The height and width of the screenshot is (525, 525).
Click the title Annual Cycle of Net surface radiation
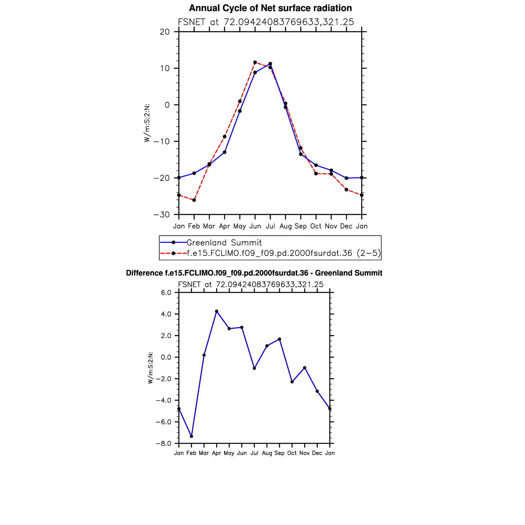(270, 8)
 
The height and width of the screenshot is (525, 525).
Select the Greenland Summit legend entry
(224, 242)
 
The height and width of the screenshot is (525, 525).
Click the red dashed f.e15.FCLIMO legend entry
(283, 253)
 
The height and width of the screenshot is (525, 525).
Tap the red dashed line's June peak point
(255, 62)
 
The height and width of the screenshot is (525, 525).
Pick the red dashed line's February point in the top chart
(194, 200)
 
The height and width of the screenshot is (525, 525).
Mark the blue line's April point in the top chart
(224, 152)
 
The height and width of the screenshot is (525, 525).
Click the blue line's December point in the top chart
(347, 178)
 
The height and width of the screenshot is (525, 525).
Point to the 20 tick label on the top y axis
(165, 32)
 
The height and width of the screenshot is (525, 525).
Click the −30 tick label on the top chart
(162, 214)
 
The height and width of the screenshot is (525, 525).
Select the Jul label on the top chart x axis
(270, 226)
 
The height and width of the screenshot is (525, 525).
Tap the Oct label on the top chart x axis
(316, 226)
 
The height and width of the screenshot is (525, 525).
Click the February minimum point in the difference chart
(191, 436)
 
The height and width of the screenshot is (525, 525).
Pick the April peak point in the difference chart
(216, 311)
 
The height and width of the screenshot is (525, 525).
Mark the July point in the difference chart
(254, 368)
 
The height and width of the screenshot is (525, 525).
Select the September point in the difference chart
(280, 339)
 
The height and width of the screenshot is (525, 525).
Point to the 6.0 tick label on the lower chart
(166, 293)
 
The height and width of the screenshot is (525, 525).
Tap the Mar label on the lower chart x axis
(204, 453)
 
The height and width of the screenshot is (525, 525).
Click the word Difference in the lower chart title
(144, 273)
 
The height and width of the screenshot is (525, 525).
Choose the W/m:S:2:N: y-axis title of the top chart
(147, 123)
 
